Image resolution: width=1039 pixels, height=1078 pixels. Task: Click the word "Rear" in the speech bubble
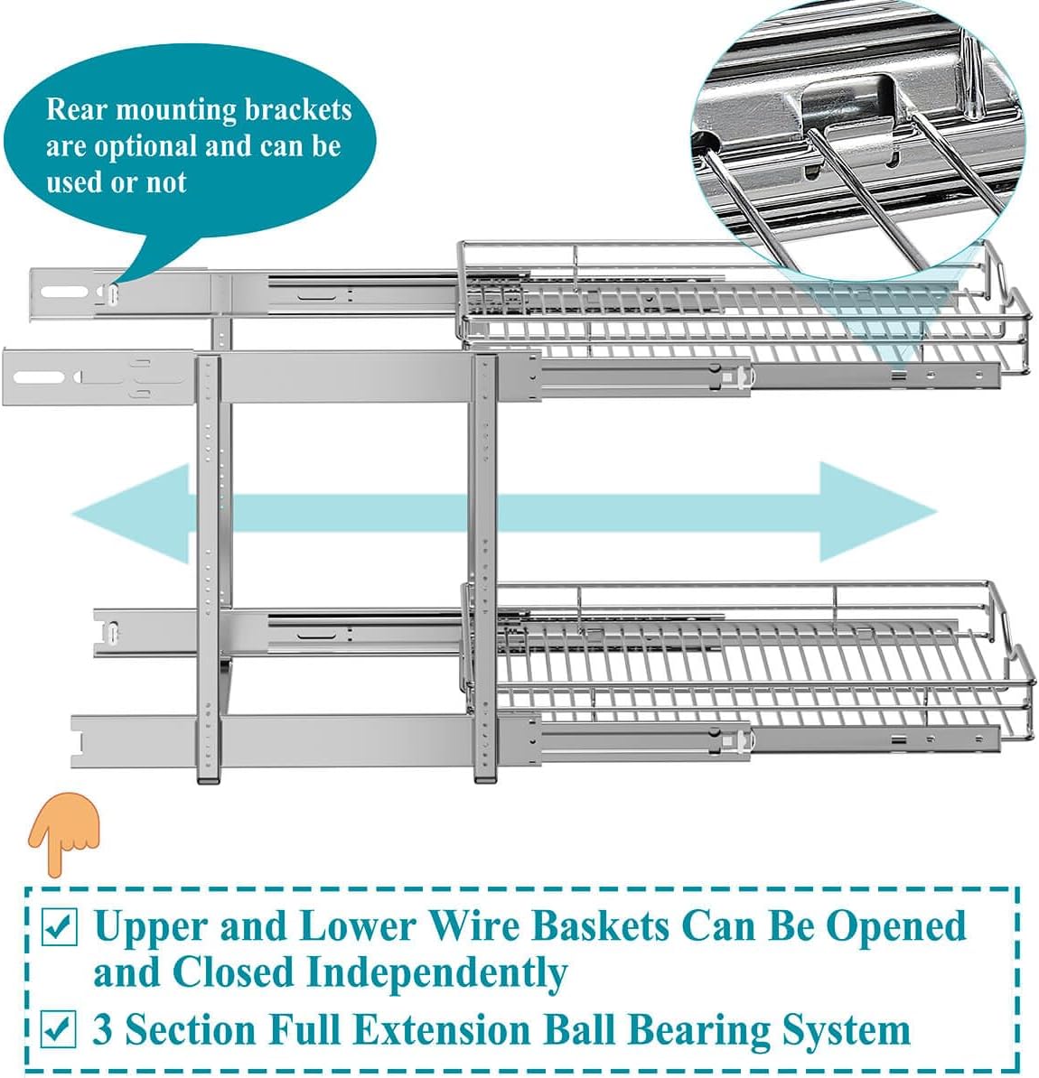[x=76, y=110]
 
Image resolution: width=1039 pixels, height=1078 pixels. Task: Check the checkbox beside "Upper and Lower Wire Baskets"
[x=60, y=928]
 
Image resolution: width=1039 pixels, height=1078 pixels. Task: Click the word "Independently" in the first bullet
[x=436, y=973]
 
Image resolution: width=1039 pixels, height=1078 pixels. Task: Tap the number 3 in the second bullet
[x=104, y=1030]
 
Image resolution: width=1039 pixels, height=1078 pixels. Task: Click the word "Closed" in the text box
[x=233, y=973]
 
